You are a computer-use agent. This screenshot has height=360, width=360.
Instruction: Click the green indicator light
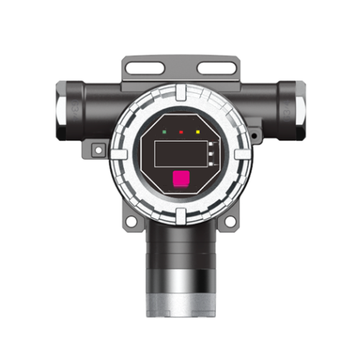coord(166,132)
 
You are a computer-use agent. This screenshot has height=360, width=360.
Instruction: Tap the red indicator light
coord(181,132)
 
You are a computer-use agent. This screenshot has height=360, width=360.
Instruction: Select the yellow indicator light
coord(197,132)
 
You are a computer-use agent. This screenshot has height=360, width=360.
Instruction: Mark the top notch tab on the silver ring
coord(180,92)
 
